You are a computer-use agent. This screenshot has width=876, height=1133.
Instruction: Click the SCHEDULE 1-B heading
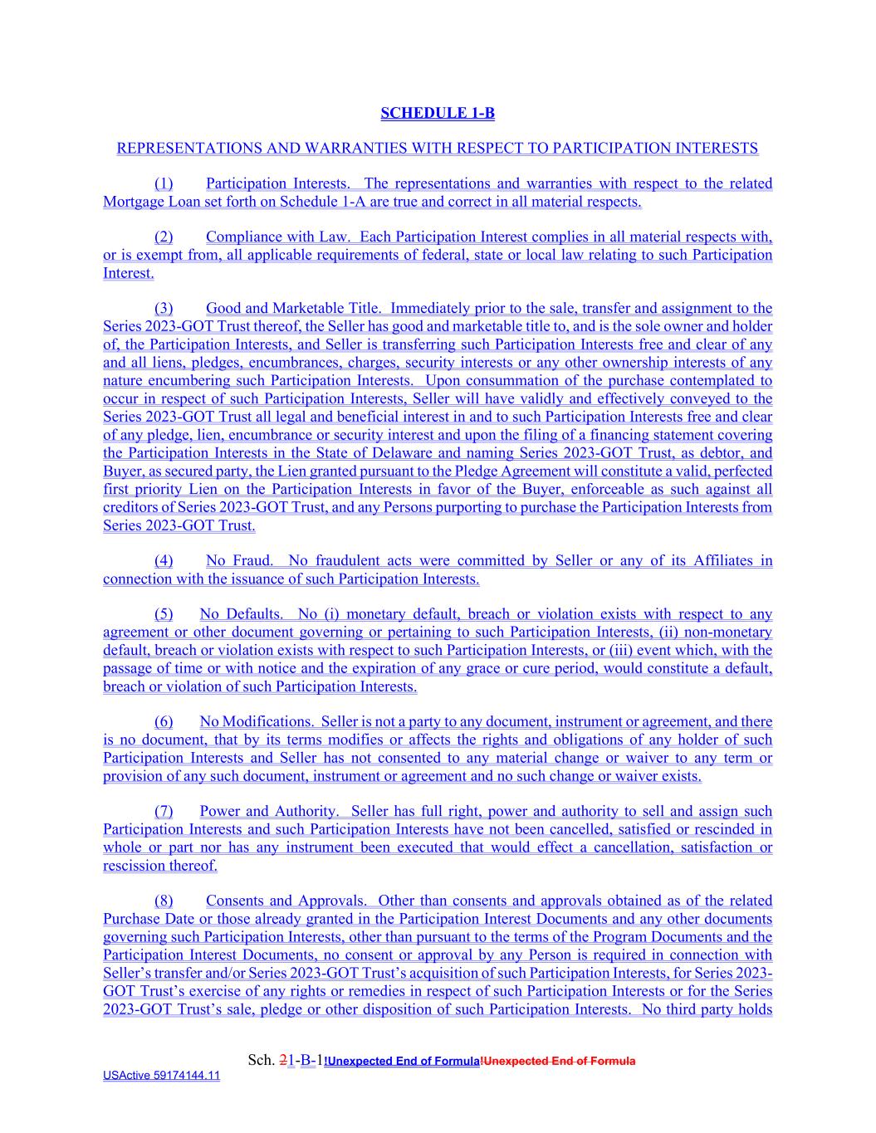(x=437, y=113)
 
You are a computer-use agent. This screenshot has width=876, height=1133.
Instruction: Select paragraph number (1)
(x=164, y=183)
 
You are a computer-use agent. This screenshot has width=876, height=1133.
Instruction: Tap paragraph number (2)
(x=164, y=237)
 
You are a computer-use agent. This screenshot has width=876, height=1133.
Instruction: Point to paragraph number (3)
(x=164, y=308)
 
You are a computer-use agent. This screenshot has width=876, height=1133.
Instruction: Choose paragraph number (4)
(x=164, y=560)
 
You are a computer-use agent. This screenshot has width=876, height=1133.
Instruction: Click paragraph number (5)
(x=164, y=614)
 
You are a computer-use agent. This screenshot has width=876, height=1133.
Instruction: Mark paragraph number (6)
(x=164, y=722)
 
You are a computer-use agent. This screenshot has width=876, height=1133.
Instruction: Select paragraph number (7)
(x=164, y=811)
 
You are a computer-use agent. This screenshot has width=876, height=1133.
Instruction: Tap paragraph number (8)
(x=164, y=901)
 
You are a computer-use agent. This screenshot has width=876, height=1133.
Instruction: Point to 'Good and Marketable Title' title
(x=291, y=308)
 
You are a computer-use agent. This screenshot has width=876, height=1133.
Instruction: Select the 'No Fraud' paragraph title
(x=238, y=560)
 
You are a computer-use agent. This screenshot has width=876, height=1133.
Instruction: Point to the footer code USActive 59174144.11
(x=161, y=1076)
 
